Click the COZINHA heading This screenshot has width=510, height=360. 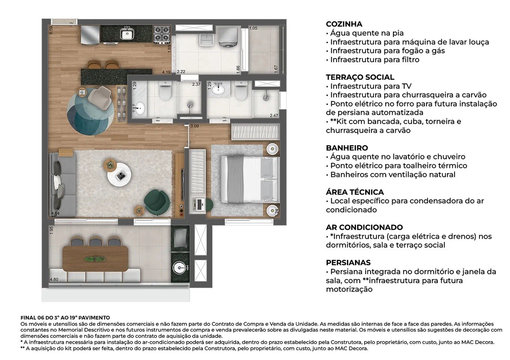[344, 24]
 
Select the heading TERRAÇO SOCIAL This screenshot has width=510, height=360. [360, 77]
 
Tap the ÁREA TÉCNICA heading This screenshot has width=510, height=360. [354, 192]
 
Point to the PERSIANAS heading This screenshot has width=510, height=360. [348, 263]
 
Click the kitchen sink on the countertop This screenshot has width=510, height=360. [127, 34]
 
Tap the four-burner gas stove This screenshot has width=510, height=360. [162, 34]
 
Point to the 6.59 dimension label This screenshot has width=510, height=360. [51, 30]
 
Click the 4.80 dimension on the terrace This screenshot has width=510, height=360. [54, 279]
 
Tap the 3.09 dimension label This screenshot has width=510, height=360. [194, 126]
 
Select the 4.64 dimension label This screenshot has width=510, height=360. [55, 213]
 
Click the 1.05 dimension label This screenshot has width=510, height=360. [253, 28]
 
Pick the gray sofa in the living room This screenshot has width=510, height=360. [62, 185]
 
